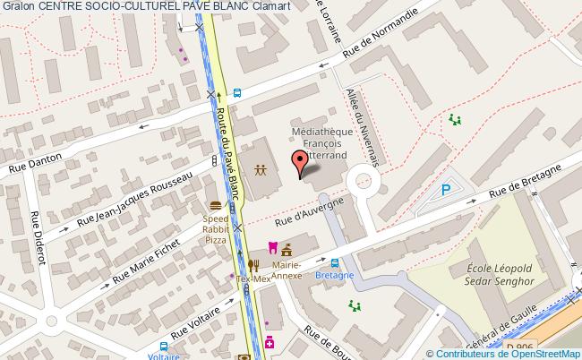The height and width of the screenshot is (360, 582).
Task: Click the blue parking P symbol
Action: [445, 190]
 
